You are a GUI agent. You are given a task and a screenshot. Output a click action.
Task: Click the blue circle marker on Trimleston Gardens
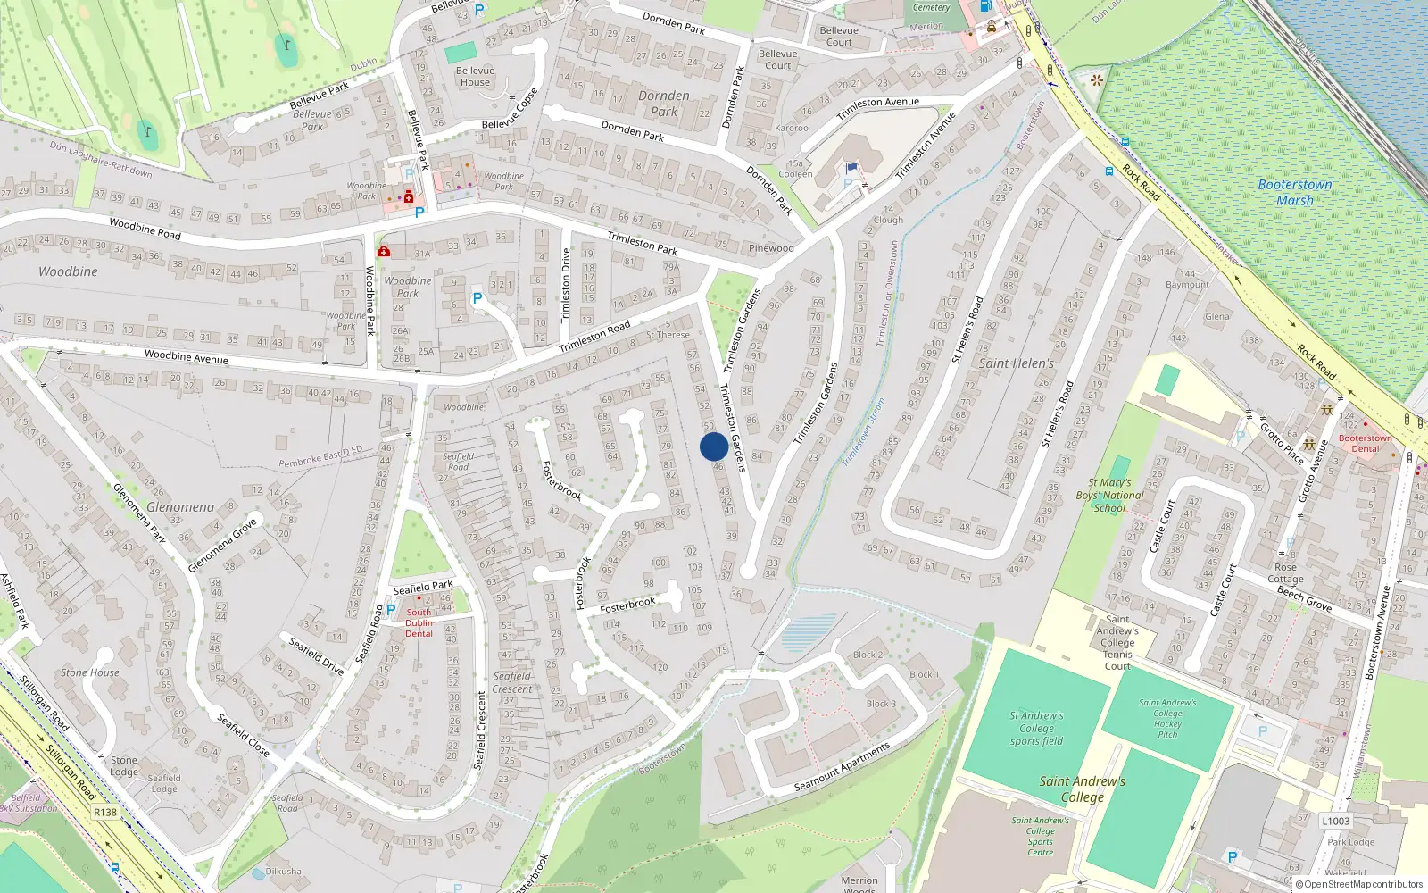[x=713, y=446]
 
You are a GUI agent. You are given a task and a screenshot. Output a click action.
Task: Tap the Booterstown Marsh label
[x=1294, y=192]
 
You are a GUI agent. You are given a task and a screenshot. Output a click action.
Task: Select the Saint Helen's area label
[x=1016, y=363]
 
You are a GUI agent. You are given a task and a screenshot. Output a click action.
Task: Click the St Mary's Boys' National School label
[x=1109, y=496]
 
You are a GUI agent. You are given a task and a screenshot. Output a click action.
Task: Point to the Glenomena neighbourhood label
[x=180, y=507]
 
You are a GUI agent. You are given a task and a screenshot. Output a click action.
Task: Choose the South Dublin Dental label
[x=419, y=623]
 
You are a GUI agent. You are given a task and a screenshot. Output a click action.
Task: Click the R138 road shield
[x=105, y=812]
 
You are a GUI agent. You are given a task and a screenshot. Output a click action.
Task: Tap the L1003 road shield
[x=1335, y=821]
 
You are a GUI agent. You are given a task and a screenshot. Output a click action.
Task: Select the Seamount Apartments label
[x=842, y=767]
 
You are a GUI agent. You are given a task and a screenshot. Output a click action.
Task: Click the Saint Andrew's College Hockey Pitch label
[x=1167, y=719]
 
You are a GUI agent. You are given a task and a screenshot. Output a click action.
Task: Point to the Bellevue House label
[x=475, y=77]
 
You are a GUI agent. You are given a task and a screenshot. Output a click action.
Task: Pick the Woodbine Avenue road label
[x=186, y=357]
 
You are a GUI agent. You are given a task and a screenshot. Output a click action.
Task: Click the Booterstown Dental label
[x=1365, y=443]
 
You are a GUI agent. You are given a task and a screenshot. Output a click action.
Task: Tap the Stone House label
[x=90, y=672]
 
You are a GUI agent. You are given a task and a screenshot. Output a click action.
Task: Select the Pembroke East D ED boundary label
[x=320, y=456]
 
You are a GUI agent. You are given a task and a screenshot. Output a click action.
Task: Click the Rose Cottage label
[x=1285, y=573]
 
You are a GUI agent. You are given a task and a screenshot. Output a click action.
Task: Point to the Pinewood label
[x=771, y=248]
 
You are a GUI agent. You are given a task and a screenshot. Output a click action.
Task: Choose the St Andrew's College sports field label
[x=1036, y=728]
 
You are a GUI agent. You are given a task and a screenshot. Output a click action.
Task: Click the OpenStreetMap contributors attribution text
[x=1363, y=884]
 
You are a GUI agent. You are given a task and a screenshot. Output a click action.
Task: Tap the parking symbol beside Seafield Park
[x=391, y=610]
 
